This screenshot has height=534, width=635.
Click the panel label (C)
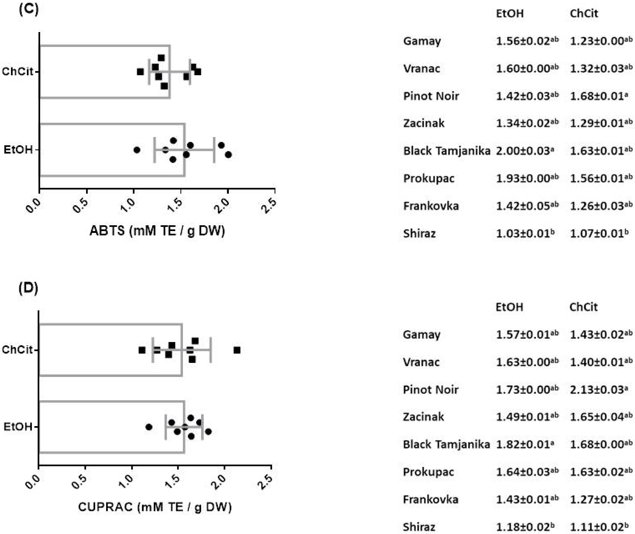[x=29, y=10]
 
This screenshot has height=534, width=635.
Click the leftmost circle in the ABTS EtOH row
[x=137, y=150]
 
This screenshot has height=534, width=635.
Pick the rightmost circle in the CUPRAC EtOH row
[x=208, y=431]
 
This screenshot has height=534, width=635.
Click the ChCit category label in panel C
[x=17, y=72]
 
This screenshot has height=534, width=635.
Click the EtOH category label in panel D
[x=18, y=427]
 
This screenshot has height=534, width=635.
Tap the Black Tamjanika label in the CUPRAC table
[x=446, y=444]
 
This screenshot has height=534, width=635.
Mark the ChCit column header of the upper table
[x=584, y=14]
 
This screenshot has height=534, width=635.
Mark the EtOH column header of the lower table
[x=509, y=307]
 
